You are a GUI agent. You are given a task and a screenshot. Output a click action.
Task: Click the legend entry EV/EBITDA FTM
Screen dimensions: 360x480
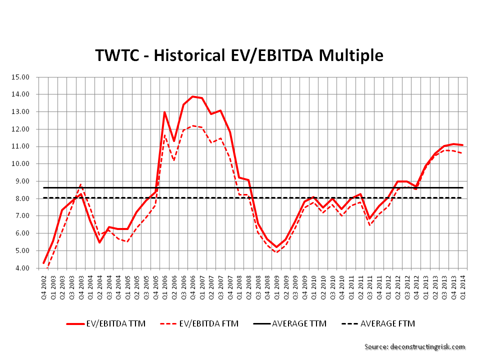point(199,323)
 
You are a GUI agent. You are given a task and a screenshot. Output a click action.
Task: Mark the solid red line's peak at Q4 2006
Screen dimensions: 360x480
point(192,96)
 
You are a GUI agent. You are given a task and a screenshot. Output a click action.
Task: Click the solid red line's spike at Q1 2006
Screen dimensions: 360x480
point(164,112)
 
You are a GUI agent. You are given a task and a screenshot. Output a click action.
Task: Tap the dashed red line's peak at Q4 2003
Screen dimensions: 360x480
point(81,184)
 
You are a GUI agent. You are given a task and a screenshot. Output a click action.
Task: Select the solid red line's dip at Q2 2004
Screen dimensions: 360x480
point(99,242)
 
